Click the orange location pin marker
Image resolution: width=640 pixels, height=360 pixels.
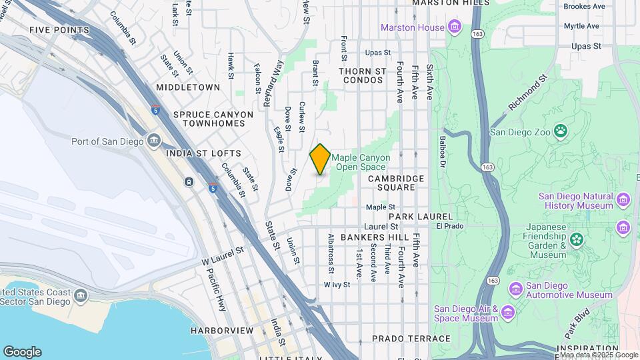click(x=320, y=159)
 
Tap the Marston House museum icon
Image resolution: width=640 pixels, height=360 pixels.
click(x=455, y=27)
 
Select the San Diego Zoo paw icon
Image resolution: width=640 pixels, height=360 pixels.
click(x=561, y=131)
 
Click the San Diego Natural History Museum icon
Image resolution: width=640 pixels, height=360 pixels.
click(x=623, y=200)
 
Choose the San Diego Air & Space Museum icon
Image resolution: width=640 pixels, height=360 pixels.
click(x=507, y=313)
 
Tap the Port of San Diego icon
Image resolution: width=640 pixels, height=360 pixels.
click(x=154, y=141)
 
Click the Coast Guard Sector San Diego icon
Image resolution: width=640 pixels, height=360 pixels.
click(x=81, y=295)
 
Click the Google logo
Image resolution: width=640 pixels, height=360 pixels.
click(x=22, y=352)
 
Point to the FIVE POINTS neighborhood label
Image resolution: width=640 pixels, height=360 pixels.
click(x=59, y=31)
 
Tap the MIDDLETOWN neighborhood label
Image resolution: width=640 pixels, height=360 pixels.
click(x=188, y=87)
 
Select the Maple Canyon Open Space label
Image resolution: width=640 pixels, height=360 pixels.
click(x=361, y=162)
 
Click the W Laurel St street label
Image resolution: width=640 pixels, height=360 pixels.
click(x=223, y=257)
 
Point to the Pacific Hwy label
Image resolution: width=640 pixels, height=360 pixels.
click(x=217, y=289)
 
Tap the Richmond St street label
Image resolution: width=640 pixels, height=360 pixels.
click(x=527, y=93)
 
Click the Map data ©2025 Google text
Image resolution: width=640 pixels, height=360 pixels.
click(x=598, y=355)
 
